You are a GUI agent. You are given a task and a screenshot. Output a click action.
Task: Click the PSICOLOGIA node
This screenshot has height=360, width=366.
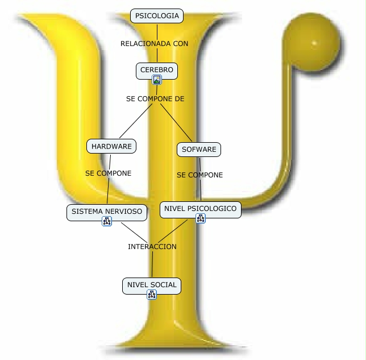coord(157,16)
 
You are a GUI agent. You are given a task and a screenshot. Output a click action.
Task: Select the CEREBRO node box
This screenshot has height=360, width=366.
coord(157,70)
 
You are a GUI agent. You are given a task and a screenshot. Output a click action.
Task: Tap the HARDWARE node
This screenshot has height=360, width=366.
coord(111,146)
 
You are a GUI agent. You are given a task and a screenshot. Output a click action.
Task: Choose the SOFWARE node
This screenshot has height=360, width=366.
coord(198,150)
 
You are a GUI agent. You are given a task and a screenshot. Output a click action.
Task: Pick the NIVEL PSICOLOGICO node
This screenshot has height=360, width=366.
coord(200,209)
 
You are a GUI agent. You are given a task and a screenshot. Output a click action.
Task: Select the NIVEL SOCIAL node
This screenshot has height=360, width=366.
coord(152,285)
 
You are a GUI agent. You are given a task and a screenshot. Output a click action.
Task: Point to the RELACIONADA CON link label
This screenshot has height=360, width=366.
coord(154,43)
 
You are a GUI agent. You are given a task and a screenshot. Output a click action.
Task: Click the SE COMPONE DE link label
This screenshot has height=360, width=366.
coord(155,98)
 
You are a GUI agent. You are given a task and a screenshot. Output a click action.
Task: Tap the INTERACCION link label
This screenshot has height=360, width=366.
coord(152,247)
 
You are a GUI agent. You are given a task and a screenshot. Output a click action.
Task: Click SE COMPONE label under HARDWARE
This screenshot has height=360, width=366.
coord(108,173)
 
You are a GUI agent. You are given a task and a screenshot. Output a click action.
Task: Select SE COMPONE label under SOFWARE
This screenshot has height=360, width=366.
coord(199,175)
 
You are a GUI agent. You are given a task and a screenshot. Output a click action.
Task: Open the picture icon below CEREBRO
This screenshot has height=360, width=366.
coord(157,80)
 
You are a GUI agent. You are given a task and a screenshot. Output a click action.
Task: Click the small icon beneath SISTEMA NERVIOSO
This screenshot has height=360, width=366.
coord(106,221)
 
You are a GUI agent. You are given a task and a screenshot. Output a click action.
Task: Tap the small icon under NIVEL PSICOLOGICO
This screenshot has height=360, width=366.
coord(201,218)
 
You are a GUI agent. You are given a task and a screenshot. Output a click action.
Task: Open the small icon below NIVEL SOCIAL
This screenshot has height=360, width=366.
coord(151,294)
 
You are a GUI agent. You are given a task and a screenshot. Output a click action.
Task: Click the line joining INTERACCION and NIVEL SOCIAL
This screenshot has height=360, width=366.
coord(152,264)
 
